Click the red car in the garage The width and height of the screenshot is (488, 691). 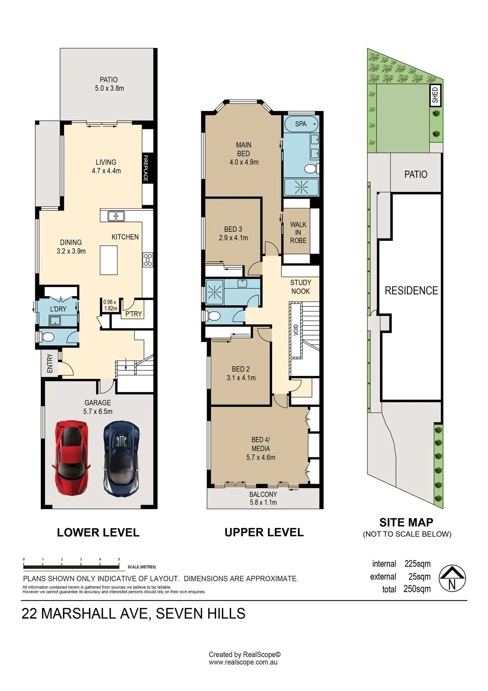click(x=71, y=458)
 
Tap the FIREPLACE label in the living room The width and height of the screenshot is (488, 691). click(x=146, y=168)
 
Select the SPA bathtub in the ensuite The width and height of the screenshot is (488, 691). click(x=301, y=124)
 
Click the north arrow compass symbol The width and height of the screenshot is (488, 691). click(x=452, y=578)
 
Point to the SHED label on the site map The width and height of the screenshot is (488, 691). click(x=435, y=95)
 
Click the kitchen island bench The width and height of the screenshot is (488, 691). click(x=109, y=260)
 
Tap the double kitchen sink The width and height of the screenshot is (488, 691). click(x=116, y=216)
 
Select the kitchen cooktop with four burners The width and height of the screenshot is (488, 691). click(x=148, y=260)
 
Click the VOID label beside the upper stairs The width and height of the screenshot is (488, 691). click(x=296, y=330)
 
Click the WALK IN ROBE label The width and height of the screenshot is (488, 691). click(x=298, y=233)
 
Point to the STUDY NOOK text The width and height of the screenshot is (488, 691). click(x=301, y=287)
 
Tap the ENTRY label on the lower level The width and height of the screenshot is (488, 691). click(x=50, y=363)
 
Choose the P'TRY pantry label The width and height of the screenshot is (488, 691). click(x=134, y=314)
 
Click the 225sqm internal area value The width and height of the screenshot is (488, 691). click(x=418, y=564)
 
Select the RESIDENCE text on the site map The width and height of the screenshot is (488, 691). click(x=411, y=291)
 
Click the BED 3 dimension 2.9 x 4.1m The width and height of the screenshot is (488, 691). click(x=233, y=238)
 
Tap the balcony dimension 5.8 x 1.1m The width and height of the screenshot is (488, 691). click(x=263, y=502)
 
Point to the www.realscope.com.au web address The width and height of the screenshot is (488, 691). click(x=243, y=662)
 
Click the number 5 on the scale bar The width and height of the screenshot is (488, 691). click(x=119, y=559)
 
